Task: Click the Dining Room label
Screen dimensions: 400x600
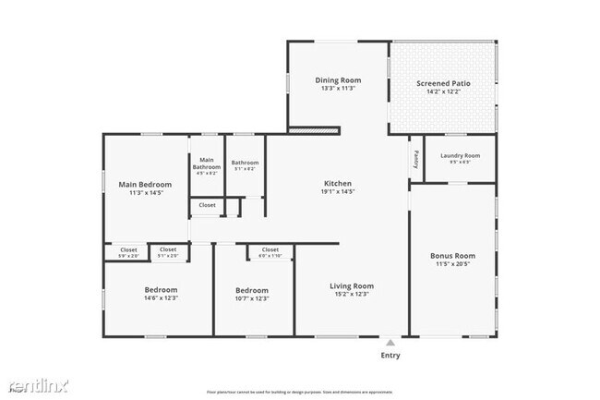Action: click(339, 80)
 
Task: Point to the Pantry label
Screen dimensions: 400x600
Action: click(416, 159)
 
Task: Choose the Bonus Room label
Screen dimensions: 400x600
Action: click(452, 255)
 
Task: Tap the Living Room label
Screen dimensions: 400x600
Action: click(351, 286)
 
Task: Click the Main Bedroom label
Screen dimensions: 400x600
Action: click(145, 184)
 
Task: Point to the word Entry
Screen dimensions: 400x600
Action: click(391, 355)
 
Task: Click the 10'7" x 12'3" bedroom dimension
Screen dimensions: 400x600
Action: click(252, 298)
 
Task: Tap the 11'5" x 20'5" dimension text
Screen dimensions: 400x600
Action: click(452, 263)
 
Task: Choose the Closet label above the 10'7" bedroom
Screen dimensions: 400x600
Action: click(270, 249)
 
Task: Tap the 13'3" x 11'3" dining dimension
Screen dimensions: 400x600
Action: click(339, 89)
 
